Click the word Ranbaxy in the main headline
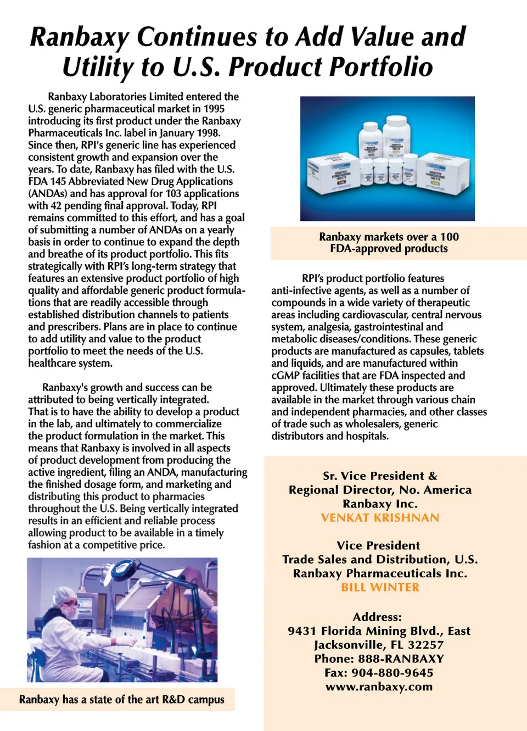coord(79,37)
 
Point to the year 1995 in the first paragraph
coord(214,109)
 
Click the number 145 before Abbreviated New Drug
coord(58,181)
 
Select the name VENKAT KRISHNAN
coord(380,518)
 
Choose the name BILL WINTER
coord(380,587)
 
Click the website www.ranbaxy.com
coord(379,687)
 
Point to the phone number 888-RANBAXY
coord(401,659)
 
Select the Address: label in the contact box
coord(377,617)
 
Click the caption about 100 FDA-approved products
coord(389,243)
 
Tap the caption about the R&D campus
coord(121,700)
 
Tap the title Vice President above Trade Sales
coord(378,545)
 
